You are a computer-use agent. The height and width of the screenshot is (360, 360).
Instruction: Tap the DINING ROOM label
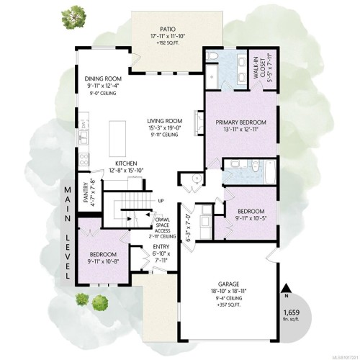point(102,81)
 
